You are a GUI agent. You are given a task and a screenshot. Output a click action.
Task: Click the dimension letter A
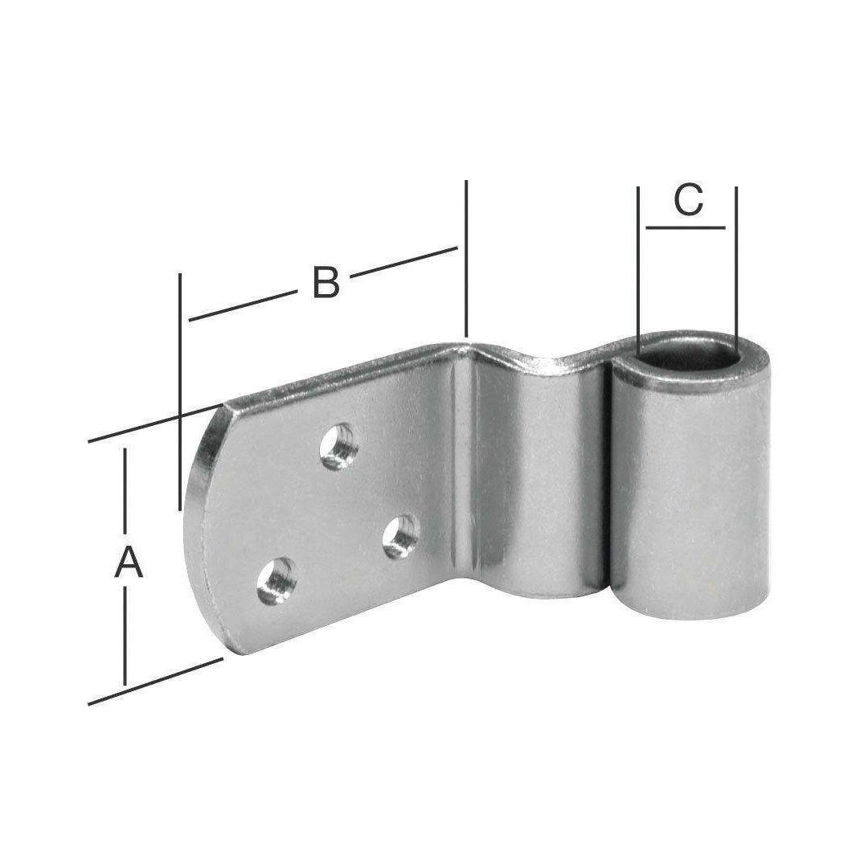click(x=129, y=561)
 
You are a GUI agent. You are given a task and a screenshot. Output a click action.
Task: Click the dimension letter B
click(x=325, y=282)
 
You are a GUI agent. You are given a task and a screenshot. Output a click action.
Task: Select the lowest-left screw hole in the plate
click(x=276, y=580)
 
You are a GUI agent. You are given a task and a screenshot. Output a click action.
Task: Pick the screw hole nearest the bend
click(x=401, y=536)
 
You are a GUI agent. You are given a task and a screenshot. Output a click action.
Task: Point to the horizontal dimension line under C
click(x=686, y=227)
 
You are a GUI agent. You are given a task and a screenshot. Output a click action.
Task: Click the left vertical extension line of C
click(x=638, y=272)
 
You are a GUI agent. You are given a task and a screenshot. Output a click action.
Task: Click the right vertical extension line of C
click(x=736, y=269)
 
